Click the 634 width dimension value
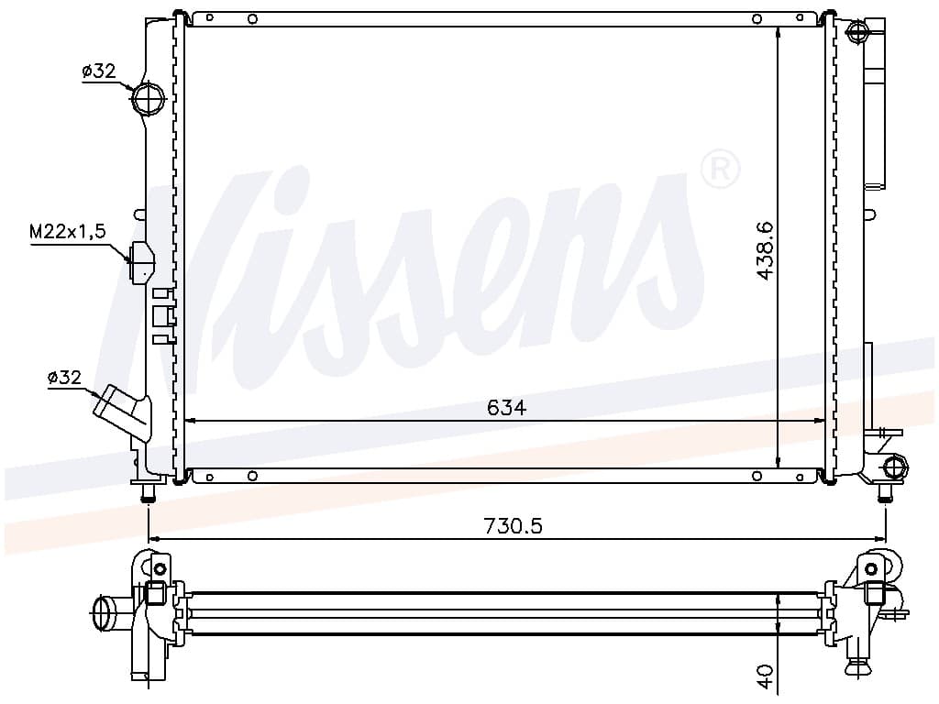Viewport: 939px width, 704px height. (x=506, y=408)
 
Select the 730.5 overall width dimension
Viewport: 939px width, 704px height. (x=513, y=525)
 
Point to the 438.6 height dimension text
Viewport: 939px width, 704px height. (x=766, y=250)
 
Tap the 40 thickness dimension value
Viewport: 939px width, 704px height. (x=766, y=676)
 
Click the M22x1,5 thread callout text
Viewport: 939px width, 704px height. (x=68, y=231)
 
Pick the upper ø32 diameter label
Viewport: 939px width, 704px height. (x=99, y=71)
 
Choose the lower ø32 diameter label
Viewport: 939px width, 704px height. (x=64, y=377)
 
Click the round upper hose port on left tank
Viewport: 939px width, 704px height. (x=148, y=99)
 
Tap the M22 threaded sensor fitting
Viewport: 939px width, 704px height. (x=142, y=262)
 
